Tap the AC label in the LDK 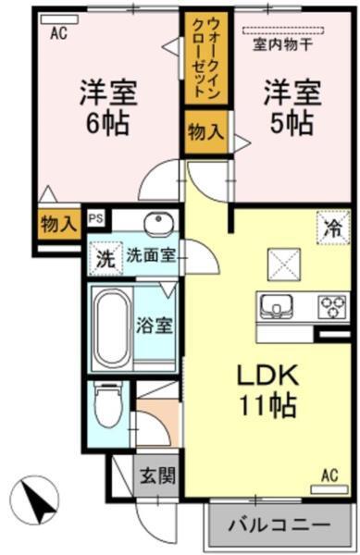point(329,475)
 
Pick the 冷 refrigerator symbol point(331,227)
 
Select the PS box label point(95,219)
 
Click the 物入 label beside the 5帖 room point(204,130)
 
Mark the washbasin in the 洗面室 point(158,224)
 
